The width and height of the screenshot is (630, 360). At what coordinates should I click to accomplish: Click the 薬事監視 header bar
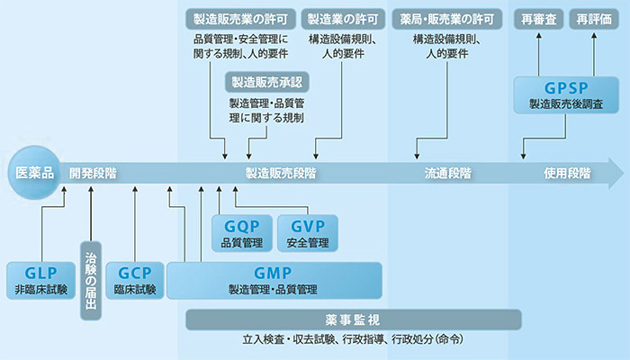354,319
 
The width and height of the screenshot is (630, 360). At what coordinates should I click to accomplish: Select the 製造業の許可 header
342,18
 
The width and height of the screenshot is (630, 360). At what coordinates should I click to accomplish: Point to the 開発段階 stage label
93,173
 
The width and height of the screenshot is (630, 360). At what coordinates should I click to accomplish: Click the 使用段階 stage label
567,173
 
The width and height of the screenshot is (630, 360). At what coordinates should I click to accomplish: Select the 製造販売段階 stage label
281,173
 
